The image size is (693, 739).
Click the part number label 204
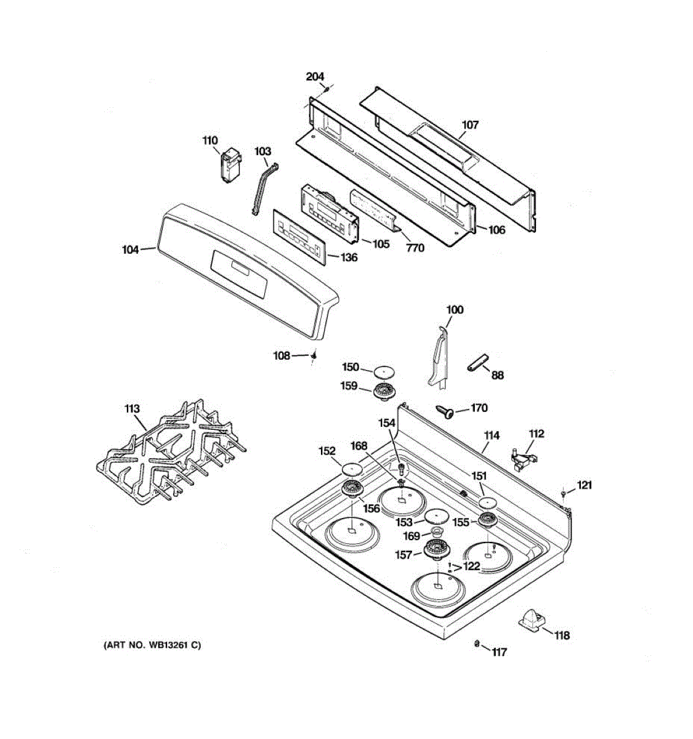[x=315, y=77]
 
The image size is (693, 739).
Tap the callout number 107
[x=470, y=125]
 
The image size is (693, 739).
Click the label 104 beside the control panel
[x=131, y=250]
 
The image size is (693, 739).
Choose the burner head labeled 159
[x=385, y=390]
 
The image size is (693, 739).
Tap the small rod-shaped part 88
[x=477, y=363]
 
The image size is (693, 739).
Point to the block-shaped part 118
[x=532, y=620]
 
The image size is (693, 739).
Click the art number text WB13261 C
[x=152, y=645]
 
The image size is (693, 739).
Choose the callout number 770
[x=415, y=248]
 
